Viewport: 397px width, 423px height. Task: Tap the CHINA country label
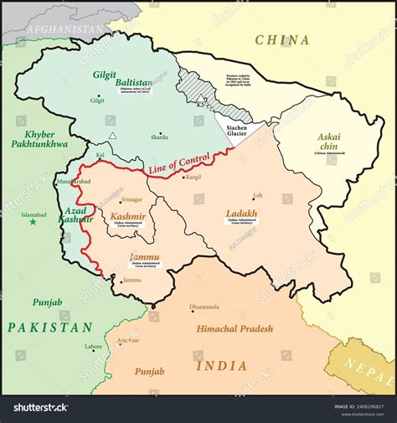click(x=282, y=40)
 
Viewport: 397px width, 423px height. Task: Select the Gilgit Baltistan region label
click(x=122, y=78)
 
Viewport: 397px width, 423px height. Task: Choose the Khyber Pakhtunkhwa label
click(x=33, y=138)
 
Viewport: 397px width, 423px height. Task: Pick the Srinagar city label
click(x=131, y=200)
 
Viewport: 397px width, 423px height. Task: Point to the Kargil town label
click(x=193, y=178)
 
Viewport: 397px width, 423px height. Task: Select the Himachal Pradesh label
click(x=234, y=329)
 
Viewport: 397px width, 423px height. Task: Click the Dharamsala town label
click(x=206, y=307)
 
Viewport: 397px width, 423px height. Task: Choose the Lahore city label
click(x=93, y=346)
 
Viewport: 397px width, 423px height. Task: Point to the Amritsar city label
click(x=128, y=341)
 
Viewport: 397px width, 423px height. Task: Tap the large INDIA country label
click(x=221, y=365)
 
